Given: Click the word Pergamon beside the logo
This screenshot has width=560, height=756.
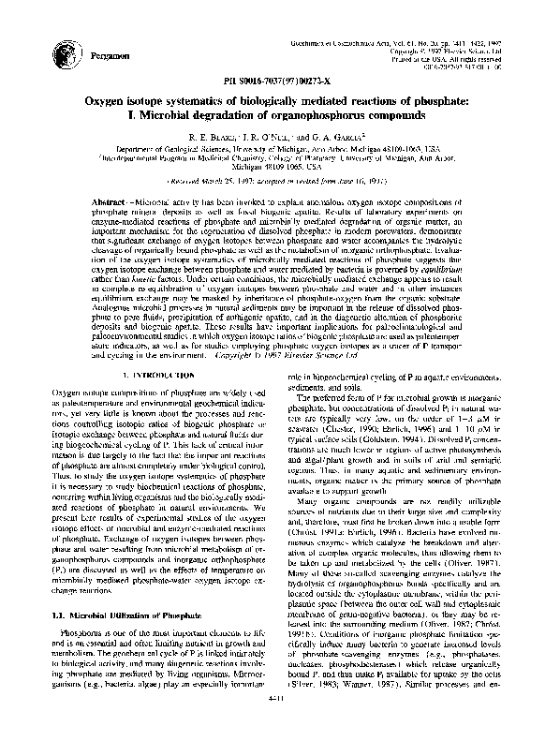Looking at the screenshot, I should pyautogui.click(x=111, y=56).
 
